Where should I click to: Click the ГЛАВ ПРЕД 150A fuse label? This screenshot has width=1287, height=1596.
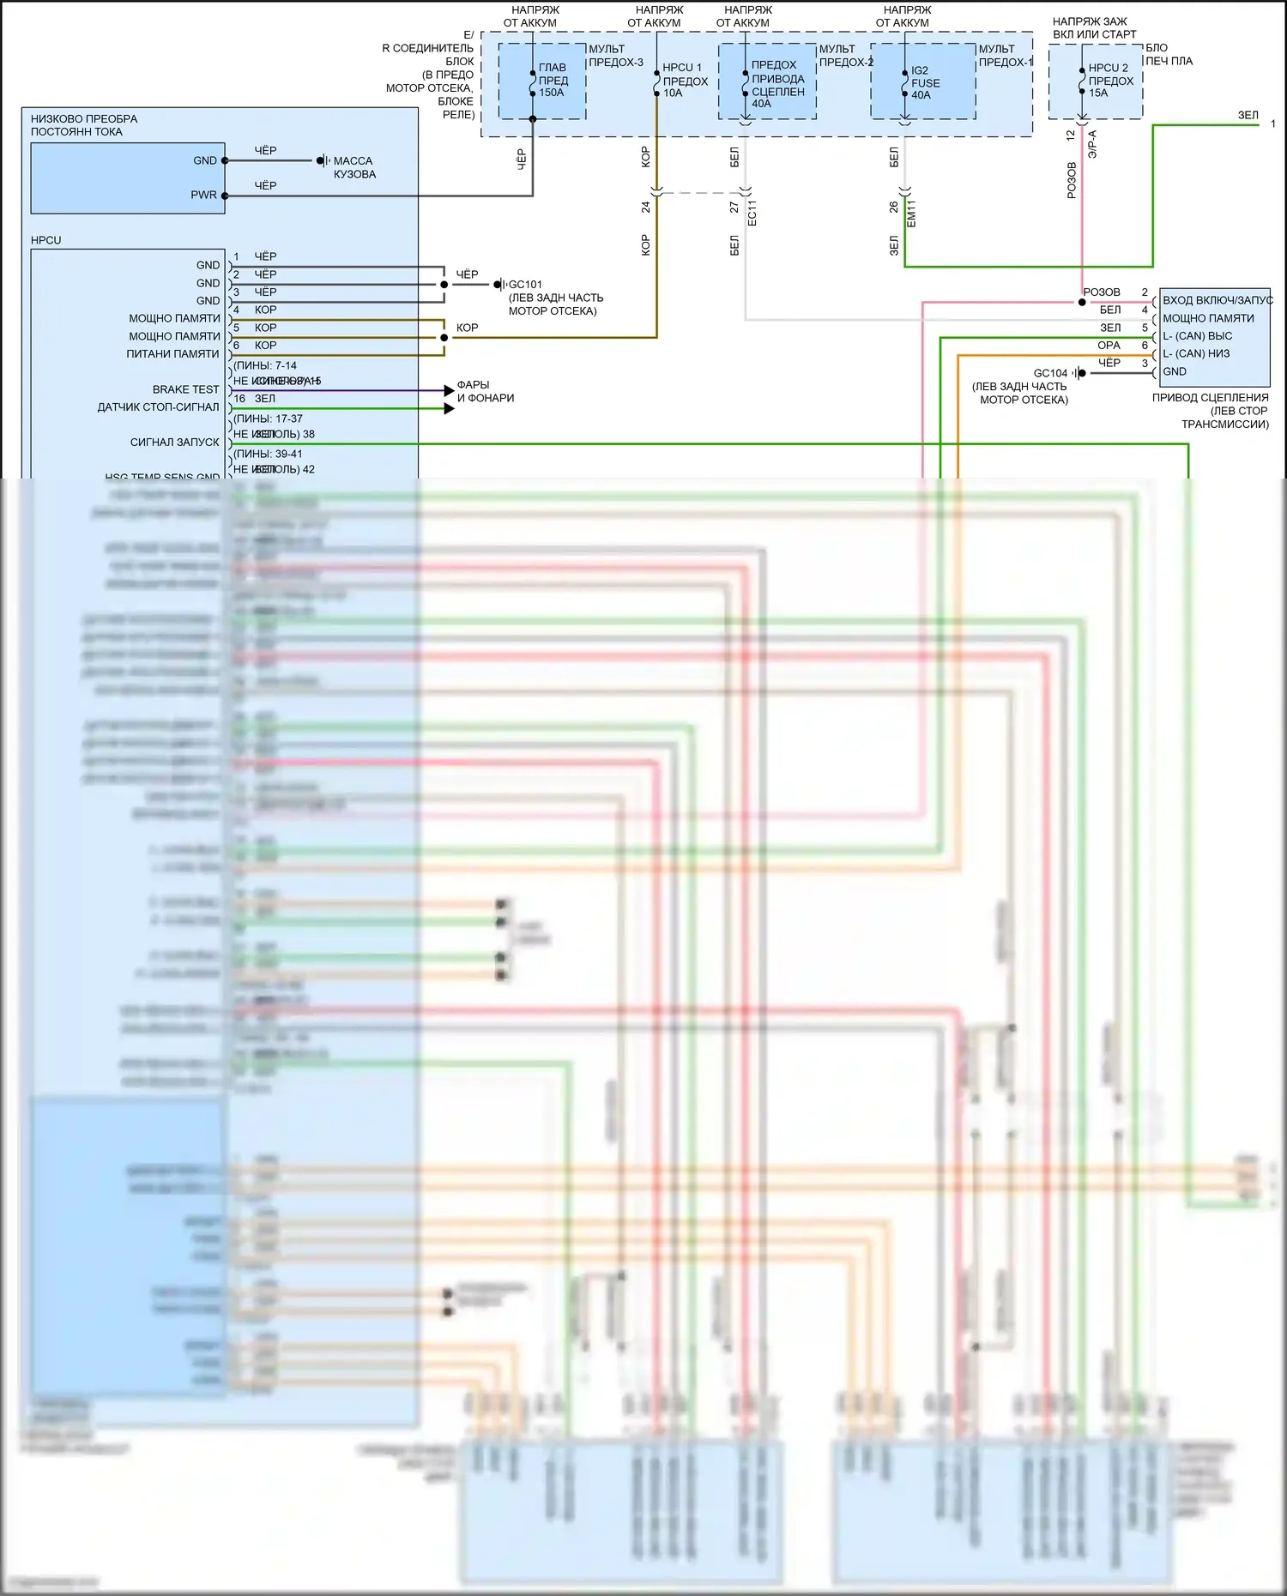coord(553,80)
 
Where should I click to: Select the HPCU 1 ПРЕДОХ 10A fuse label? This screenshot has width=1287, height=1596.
coord(685,80)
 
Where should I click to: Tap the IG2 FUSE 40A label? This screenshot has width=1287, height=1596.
coord(925,82)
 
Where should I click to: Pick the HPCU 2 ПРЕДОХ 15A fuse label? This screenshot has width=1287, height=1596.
coord(1110,80)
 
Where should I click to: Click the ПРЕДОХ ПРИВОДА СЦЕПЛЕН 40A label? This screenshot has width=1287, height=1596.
coord(777,84)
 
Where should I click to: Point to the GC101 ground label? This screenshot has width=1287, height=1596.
coord(525,285)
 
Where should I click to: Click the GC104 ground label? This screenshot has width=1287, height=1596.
coord(1050,373)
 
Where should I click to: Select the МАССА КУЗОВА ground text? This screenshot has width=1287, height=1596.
coord(354,167)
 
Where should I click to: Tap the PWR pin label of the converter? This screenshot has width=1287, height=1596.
coord(203,196)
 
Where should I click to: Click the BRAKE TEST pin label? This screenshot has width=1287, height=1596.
coord(185,389)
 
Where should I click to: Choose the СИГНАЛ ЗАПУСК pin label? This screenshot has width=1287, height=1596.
coord(174,443)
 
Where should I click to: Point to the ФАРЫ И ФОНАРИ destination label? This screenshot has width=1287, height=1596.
coord(485,391)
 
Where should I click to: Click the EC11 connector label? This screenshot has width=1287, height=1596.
coord(752,213)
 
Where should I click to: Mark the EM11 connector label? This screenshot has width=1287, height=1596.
coord(911,213)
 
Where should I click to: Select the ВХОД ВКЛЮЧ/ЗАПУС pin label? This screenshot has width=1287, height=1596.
coord(1217,300)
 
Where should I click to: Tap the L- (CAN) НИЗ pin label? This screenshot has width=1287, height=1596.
coord(1196,353)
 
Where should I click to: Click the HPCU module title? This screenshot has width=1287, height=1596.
coord(46,240)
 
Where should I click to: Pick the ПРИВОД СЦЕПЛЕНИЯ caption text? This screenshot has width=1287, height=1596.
coord(1210,398)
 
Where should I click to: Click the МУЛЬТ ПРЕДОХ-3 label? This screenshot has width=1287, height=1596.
coord(615,56)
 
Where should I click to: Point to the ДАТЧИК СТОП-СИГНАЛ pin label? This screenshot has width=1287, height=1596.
coord(158,407)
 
